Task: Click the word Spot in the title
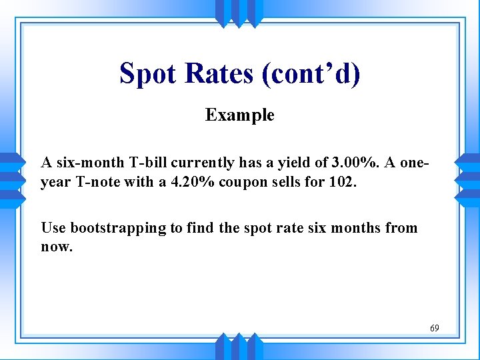click(151, 73)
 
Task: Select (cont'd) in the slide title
click(311, 73)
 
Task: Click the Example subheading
click(239, 115)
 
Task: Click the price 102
click(343, 181)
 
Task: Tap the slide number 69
click(434, 328)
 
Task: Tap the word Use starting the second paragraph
click(53, 228)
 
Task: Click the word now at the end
click(55, 247)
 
